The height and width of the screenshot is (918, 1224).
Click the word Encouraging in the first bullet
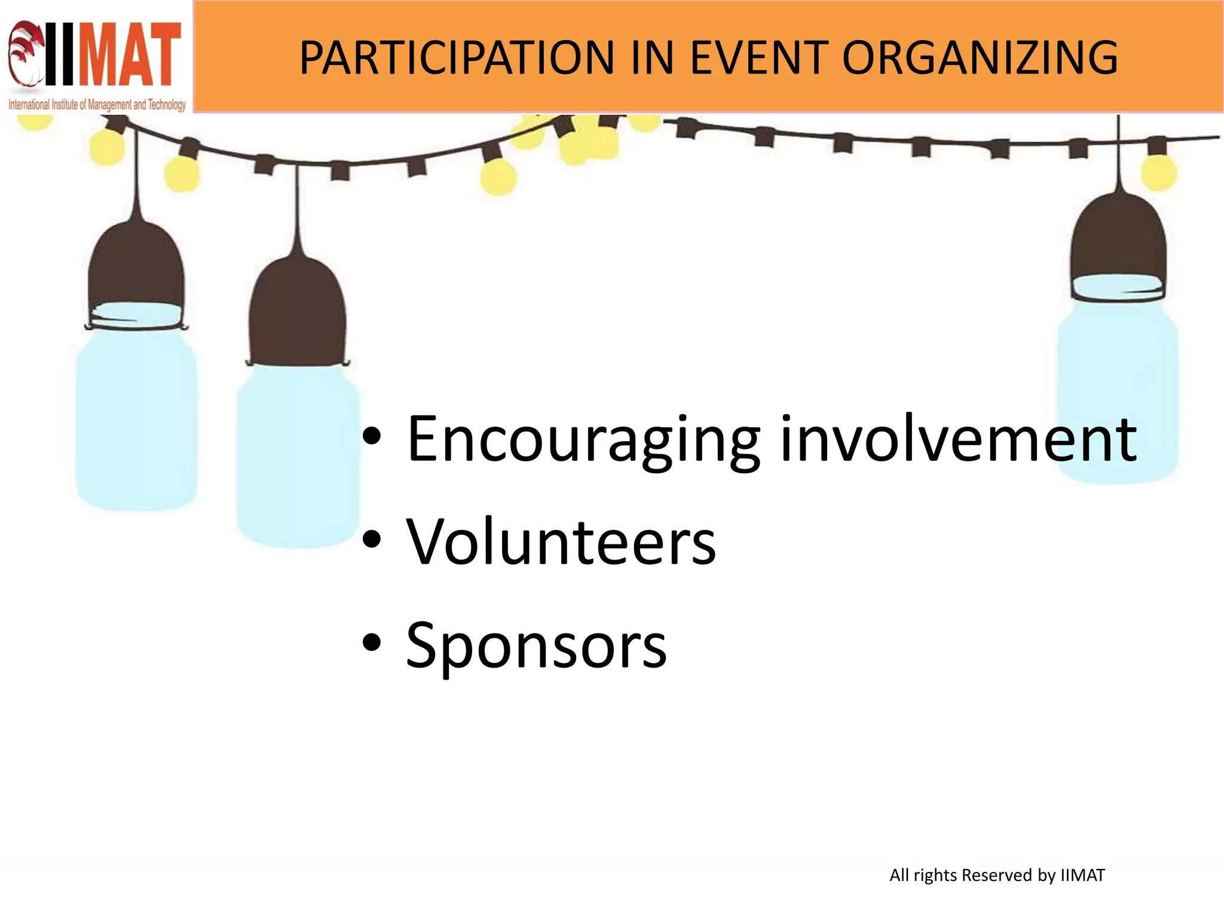pyautogui.click(x=583, y=440)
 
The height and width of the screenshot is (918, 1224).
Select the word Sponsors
pyautogui.click(x=536, y=645)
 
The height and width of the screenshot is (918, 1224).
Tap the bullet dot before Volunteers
pyautogui.click(x=371, y=539)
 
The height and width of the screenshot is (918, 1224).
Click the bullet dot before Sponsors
pyautogui.click(x=371, y=643)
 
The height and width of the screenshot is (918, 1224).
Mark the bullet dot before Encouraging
pyautogui.click(x=371, y=436)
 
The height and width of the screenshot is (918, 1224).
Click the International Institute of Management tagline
pyautogui.click(x=97, y=105)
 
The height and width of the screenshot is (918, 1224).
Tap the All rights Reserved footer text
pyautogui.click(x=997, y=876)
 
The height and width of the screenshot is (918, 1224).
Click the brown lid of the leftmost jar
pyautogui.click(x=136, y=269)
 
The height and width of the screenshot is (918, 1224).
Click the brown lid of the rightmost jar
pyautogui.click(x=1118, y=239)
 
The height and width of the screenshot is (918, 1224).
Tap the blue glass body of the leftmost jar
pyautogui.click(x=136, y=418)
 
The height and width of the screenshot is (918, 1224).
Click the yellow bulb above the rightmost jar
pyautogui.click(x=1159, y=172)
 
